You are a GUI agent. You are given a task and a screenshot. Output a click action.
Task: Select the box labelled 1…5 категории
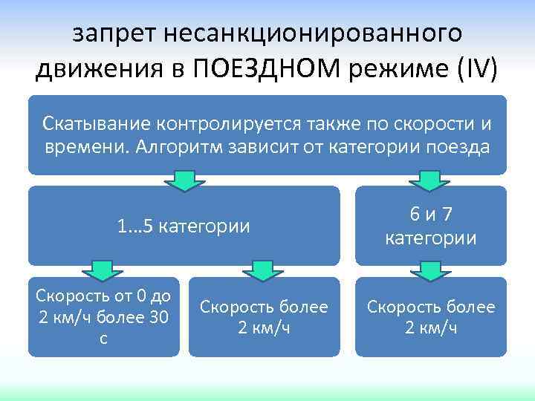(x=184, y=226)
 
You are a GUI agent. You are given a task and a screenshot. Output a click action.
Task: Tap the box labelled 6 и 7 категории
(x=430, y=226)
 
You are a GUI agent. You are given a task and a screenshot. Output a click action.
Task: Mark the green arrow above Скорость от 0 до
(x=102, y=270)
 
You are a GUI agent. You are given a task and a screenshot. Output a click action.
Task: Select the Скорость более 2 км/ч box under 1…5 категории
(x=263, y=317)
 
